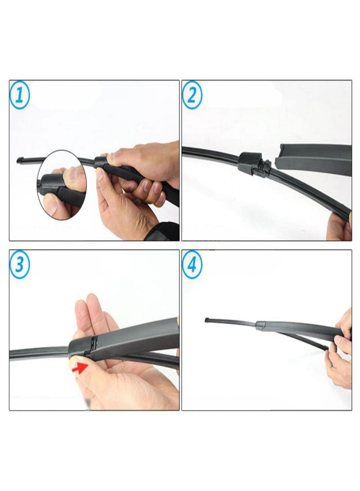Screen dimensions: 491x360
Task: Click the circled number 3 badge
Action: click(20, 265)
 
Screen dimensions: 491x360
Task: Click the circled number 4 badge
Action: click(192, 265)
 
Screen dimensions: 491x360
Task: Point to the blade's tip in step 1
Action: click(19, 160)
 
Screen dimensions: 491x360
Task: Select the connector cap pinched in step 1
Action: click(101, 161)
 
